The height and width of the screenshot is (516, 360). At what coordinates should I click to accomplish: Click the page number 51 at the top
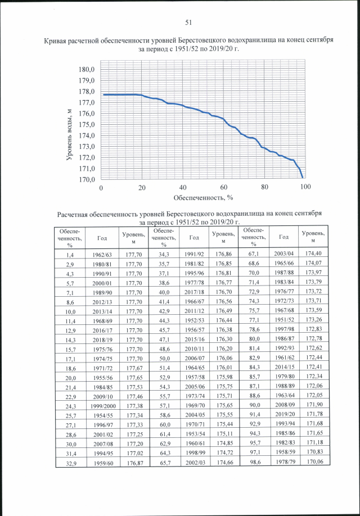click(x=188, y=22)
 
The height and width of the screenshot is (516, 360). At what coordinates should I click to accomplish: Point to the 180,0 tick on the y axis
click(x=87, y=69)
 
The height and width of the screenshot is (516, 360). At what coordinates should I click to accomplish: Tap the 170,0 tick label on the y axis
click(x=87, y=180)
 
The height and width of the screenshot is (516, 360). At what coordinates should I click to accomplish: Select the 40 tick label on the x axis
click(x=183, y=188)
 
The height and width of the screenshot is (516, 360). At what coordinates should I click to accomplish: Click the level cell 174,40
click(x=313, y=255)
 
